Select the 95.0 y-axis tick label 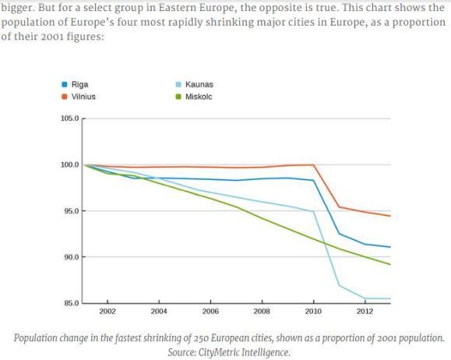[x=71, y=211]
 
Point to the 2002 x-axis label [x=107, y=312]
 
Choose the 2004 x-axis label [x=159, y=312]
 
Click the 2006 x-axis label [x=210, y=312]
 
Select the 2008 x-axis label [x=262, y=312]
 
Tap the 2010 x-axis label [x=313, y=312]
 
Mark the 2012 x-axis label [x=365, y=312]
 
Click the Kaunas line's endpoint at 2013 [x=389, y=298]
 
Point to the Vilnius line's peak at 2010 [x=313, y=164]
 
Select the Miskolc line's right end [x=389, y=264]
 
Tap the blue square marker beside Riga [x=64, y=83]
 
